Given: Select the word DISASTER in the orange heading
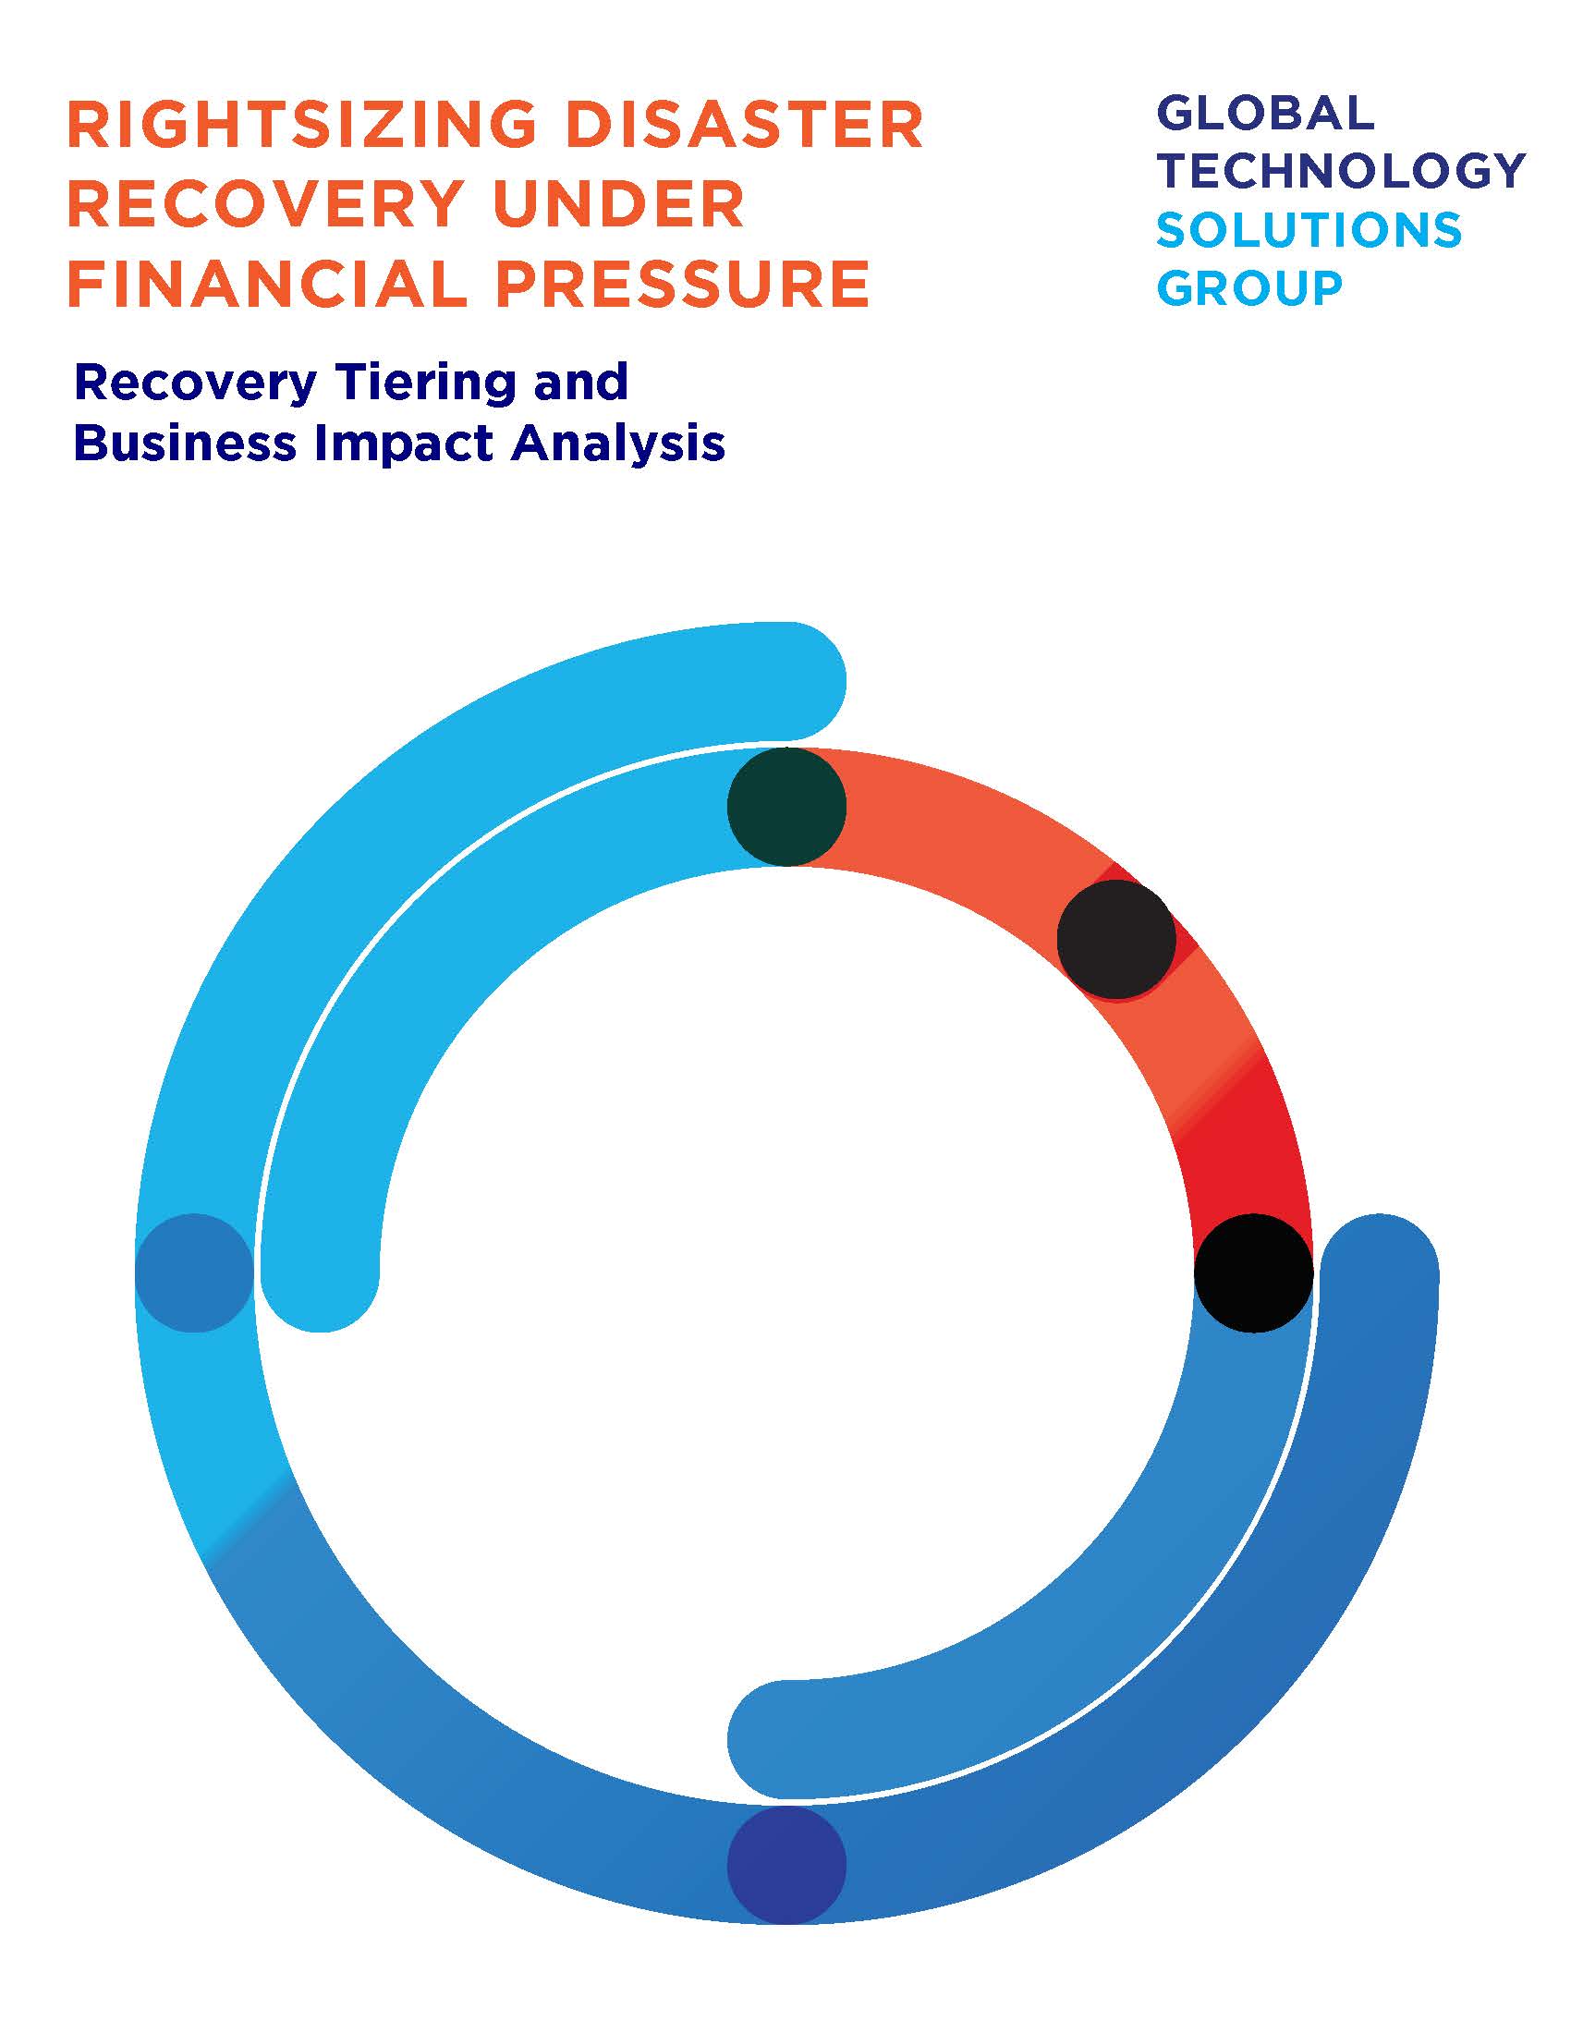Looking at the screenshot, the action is pyautogui.click(x=746, y=126).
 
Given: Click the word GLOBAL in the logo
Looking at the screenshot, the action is pyautogui.click(x=1266, y=114).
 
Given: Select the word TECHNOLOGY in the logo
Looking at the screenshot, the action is pyautogui.click(x=1341, y=171).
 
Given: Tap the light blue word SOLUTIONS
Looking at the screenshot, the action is pyautogui.click(x=1309, y=230).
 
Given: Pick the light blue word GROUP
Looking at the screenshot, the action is pyautogui.click(x=1250, y=287).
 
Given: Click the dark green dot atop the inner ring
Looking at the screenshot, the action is pyautogui.click(x=786, y=806).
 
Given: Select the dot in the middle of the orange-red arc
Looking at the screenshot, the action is pyautogui.click(x=1116, y=940).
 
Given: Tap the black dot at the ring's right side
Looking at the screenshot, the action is pyautogui.click(x=1254, y=1273).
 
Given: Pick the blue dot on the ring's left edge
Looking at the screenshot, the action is pyautogui.click(x=194, y=1273).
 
